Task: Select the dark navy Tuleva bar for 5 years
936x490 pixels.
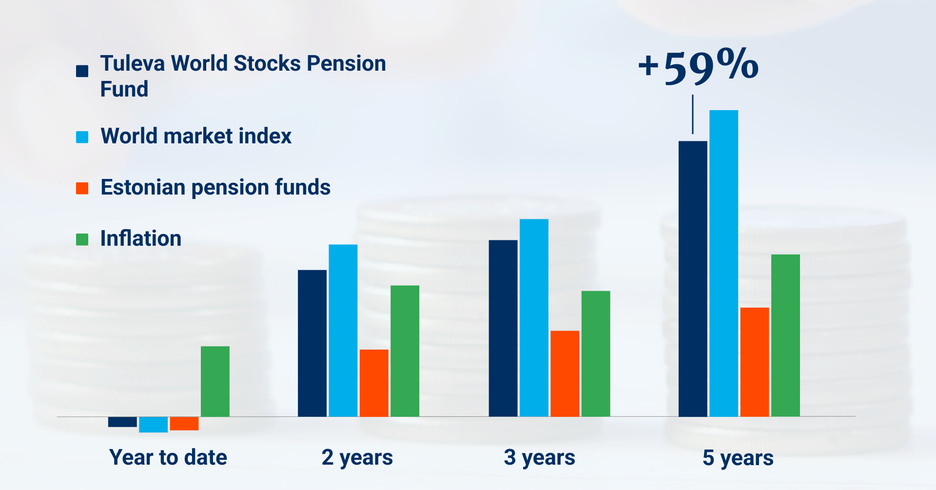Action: [693, 279]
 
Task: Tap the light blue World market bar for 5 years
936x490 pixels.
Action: [723, 263]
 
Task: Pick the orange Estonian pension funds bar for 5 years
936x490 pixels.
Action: [755, 362]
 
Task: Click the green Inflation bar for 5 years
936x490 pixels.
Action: [785, 335]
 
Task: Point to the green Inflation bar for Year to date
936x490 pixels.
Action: [215, 381]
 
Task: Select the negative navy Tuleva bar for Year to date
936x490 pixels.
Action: [122, 422]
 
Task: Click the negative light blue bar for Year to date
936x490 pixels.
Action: [153, 425]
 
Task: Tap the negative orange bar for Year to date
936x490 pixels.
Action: [184, 424]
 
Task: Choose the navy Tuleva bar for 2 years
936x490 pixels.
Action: [312, 343]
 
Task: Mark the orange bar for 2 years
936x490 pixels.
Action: [374, 383]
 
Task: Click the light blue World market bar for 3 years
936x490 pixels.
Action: [534, 318]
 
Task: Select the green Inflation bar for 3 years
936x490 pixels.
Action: [596, 354]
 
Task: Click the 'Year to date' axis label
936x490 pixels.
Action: [168, 457]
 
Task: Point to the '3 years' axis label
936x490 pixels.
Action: [540, 458]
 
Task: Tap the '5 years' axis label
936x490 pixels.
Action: [738, 458]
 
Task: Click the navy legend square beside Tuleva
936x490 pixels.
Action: [82, 71]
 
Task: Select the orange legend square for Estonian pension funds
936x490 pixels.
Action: [82, 188]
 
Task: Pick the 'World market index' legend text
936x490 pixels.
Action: [196, 136]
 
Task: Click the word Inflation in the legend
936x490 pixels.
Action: [141, 238]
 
